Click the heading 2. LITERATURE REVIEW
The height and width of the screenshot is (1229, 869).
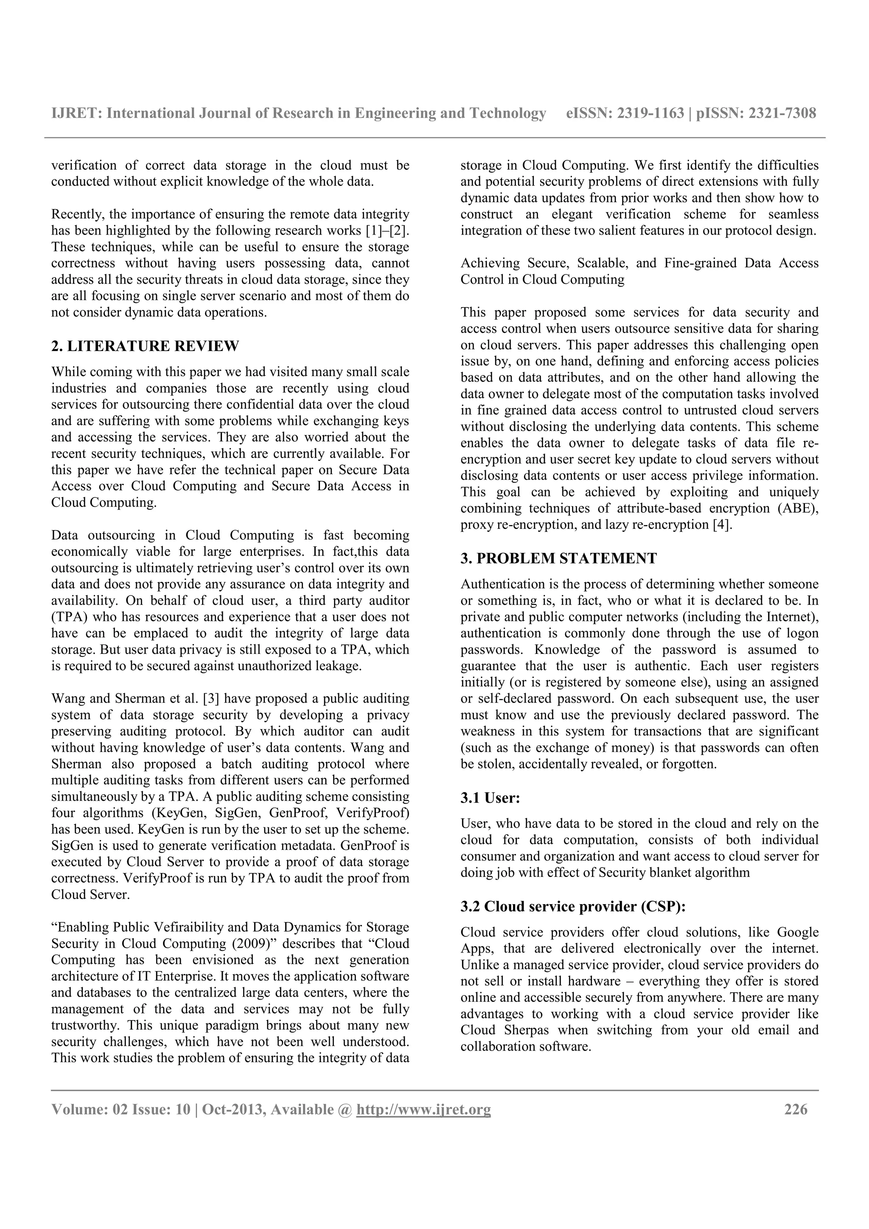coord(145,346)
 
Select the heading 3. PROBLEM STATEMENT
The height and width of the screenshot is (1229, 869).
coord(558,558)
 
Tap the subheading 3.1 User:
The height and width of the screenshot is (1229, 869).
coord(491,798)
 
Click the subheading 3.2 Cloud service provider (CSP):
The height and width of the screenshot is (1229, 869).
coord(573,907)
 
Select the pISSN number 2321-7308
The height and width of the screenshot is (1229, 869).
coord(782,113)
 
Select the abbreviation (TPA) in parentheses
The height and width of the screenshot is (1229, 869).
coord(65,617)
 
